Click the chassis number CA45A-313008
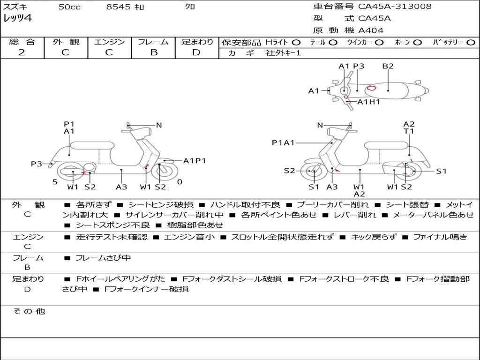pyautogui.click(x=395, y=7)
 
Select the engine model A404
pyautogui.click(x=371, y=30)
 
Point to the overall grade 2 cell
pyautogui.click(x=22, y=52)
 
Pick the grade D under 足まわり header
pyautogui.click(x=196, y=52)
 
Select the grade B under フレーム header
pyautogui.click(x=153, y=52)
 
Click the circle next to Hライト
pyautogui.click(x=296, y=42)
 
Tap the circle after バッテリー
pyautogui.click(x=471, y=42)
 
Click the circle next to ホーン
pyautogui.click(x=418, y=42)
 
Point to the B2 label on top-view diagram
pyautogui.click(x=388, y=66)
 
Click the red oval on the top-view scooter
pyautogui.click(x=372, y=88)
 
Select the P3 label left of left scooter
pyautogui.click(x=37, y=164)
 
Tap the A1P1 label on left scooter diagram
pyautogui.click(x=195, y=161)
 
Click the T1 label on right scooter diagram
pyautogui.click(x=409, y=131)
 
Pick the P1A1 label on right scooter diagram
pyautogui.click(x=283, y=142)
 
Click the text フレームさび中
pyautogui.click(x=103, y=258)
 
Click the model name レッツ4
pyautogui.click(x=17, y=19)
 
